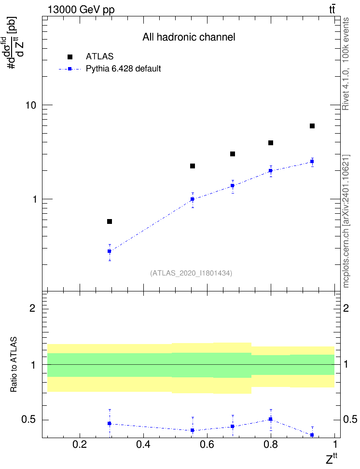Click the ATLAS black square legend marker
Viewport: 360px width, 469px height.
(x=70, y=57)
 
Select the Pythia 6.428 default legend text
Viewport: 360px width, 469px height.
(x=123, y=69)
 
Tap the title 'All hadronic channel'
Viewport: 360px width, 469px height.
(x=189, y=37)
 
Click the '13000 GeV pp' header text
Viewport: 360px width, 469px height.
(x=81, y=10)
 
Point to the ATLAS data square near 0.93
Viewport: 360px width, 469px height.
(x=312, y=126)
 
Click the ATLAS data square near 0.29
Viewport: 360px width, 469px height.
(x=110, y=221)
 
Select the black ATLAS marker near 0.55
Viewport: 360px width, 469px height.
(x=193, y=166)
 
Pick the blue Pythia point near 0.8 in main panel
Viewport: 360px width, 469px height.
(x=271, y=171)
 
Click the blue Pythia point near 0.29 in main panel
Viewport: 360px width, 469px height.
(x=110, y=251)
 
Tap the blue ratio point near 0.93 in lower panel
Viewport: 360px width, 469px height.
(x=312, y=435)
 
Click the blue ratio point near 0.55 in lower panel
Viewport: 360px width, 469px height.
(x=193, y=430)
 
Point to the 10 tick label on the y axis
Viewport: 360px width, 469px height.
(x=30, y=105)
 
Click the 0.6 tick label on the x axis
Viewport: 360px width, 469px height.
(x=207, y=444)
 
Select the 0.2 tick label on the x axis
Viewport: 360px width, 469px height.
(x=80, y=444)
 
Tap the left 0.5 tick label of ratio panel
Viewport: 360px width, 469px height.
(x=28, y=420)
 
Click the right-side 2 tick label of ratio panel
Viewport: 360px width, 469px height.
(x=346, y=308)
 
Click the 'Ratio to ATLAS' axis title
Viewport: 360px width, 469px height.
(x=14, y=365)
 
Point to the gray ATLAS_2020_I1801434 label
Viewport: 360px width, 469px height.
(x=191, y=273)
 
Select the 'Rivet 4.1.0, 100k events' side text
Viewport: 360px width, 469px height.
(x=346, y=64)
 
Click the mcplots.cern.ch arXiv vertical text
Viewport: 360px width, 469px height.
(x=346, y=221)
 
